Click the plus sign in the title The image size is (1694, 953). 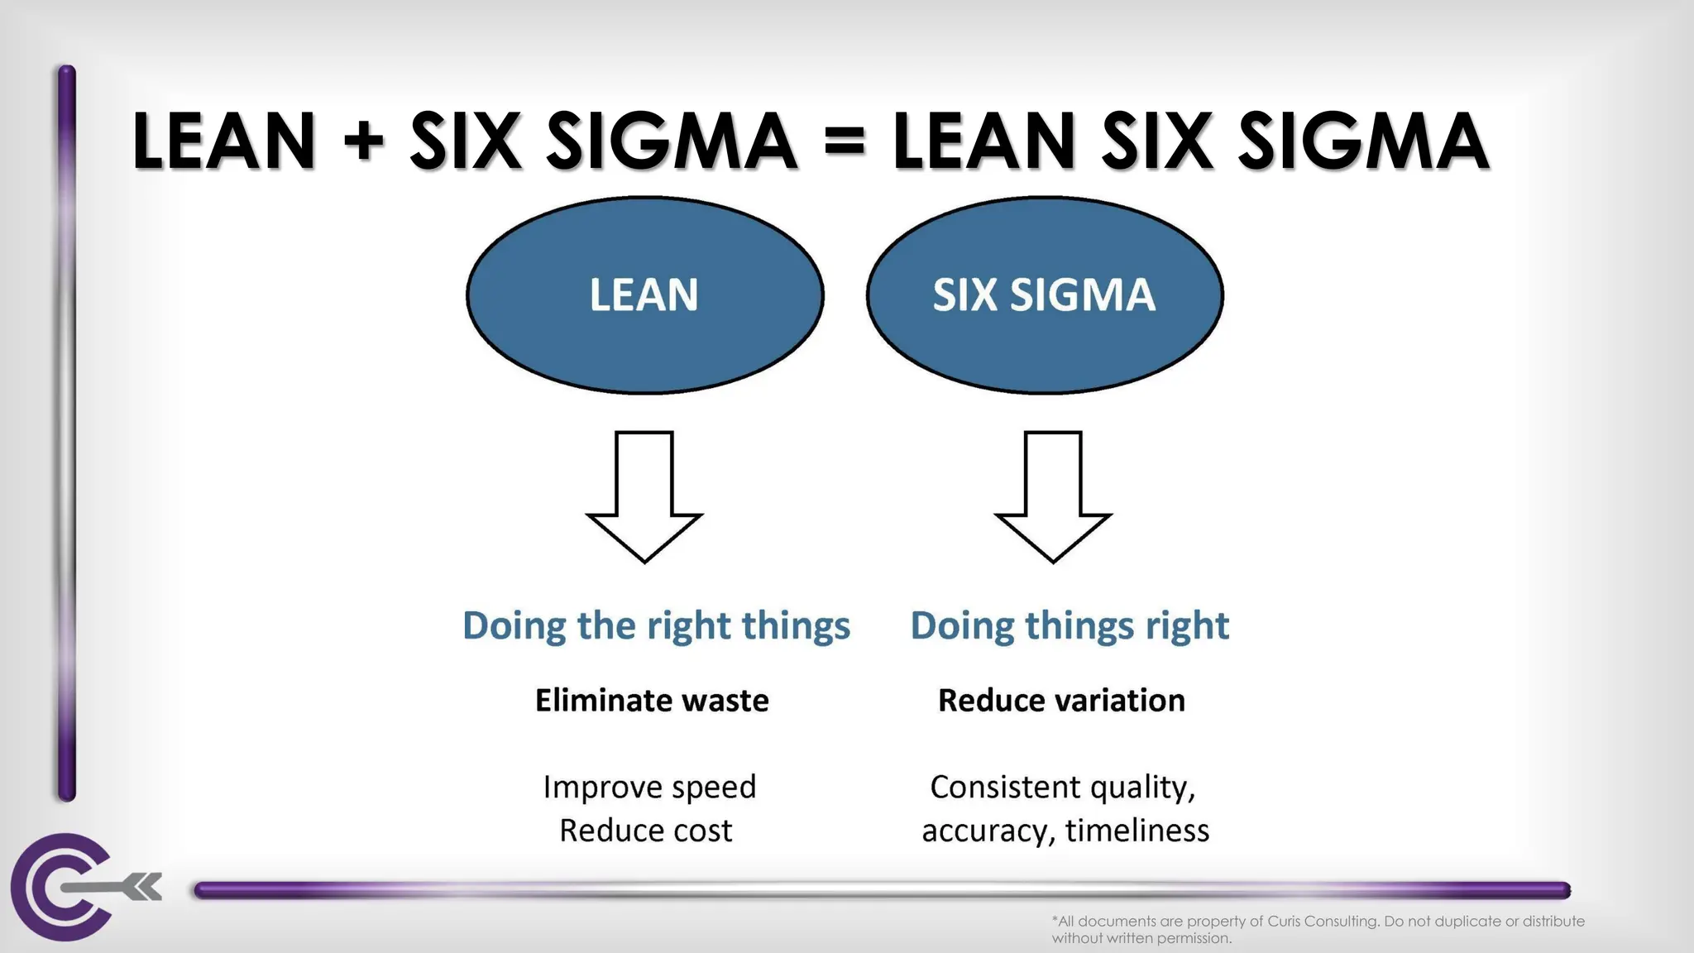coord(364,141)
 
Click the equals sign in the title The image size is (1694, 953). coord(845,141)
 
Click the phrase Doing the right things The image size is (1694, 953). coord(656,625)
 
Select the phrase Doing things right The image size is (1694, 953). coord(1070,625)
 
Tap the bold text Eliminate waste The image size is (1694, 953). coord(652,701)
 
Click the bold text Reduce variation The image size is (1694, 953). coord(1061,701)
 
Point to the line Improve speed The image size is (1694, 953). coord(649,787)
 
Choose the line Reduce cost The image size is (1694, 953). coord(645,831)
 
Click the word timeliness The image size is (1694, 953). coord(1137,831)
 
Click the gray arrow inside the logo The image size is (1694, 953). coord(116,888)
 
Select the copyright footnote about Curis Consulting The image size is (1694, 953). coord(1318,929)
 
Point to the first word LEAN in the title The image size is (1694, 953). coord(224,141)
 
